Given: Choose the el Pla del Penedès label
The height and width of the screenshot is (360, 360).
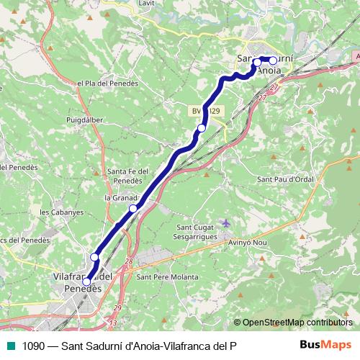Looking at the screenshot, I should point(107,84).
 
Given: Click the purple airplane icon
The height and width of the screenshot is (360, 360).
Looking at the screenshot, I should point(228,223).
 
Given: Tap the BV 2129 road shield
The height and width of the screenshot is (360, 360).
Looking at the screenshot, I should point(207,111).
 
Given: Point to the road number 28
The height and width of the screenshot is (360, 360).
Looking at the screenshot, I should point(129,261).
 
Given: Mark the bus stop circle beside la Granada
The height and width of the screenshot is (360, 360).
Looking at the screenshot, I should point(132,209).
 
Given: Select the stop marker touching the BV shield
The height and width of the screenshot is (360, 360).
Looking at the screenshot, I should point(202,128).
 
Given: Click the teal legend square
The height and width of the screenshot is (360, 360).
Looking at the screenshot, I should point(10,346).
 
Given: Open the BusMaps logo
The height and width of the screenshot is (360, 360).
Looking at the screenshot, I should point(326,346).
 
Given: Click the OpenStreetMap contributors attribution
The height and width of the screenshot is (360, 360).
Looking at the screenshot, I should point(294,323).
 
